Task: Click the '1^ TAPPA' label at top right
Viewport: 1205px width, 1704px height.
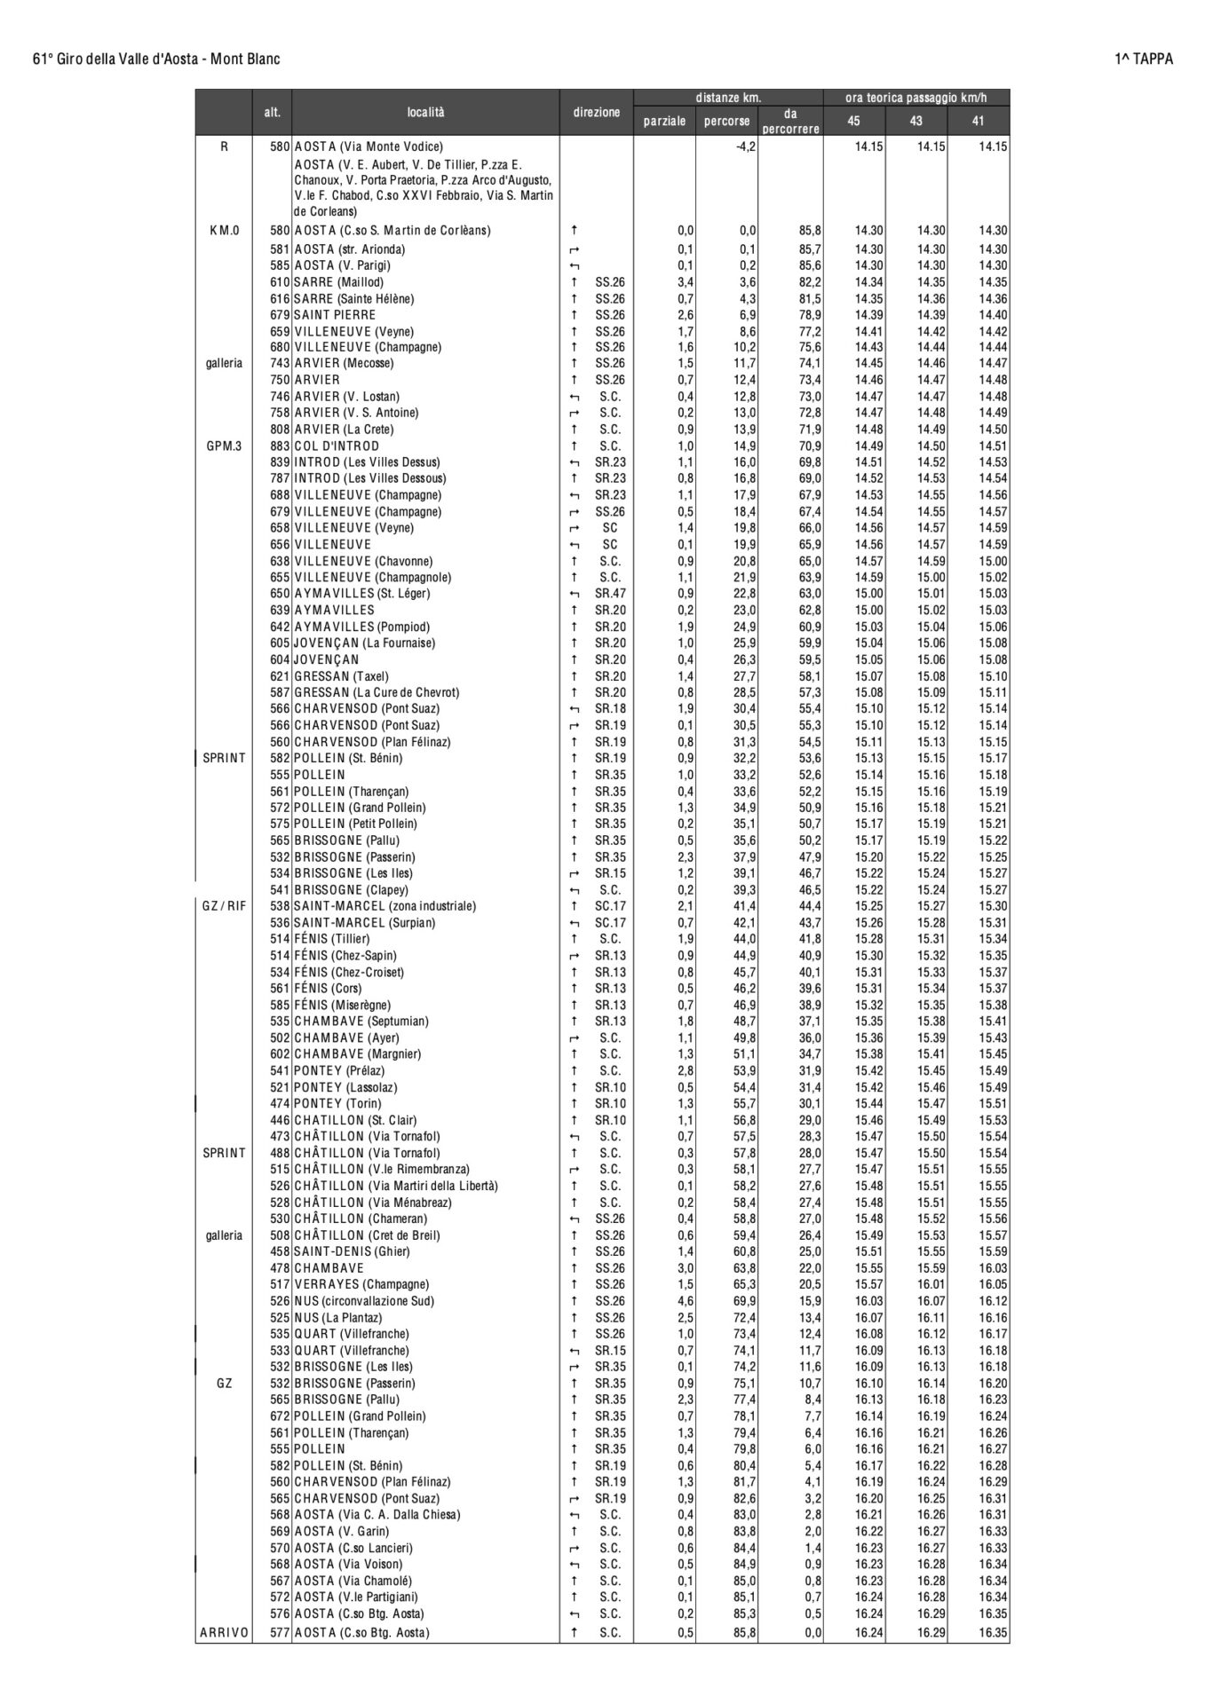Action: click(1143, 59)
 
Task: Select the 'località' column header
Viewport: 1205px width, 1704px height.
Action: click(425, 112)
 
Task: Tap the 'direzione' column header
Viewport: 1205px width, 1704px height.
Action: click(596, 113)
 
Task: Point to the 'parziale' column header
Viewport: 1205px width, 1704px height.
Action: click(664, 122)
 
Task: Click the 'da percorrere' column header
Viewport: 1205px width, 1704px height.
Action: click(790, 122)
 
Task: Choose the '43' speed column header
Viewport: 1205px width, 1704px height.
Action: click(916, 122)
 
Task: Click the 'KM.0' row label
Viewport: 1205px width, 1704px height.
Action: click(224, 231)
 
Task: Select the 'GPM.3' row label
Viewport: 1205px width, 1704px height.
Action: click(224, 446)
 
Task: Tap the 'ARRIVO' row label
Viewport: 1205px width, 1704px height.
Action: click(224, 1633)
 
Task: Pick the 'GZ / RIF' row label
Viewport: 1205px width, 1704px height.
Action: click(224, 906)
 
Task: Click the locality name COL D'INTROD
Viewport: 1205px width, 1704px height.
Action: click(337, 446)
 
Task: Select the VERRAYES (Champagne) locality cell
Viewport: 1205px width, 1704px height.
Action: click(361, 1284)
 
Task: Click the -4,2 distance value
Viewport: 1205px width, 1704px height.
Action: click(746, 146)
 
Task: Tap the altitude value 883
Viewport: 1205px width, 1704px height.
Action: click(280, 446)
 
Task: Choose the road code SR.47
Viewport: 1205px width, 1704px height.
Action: click(610, 594)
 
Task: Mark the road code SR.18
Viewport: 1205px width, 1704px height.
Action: click(610, 708)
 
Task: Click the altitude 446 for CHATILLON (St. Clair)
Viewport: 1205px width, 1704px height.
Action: click(280, 1120)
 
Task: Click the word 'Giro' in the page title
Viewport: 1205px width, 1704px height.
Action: click(70, 59)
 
